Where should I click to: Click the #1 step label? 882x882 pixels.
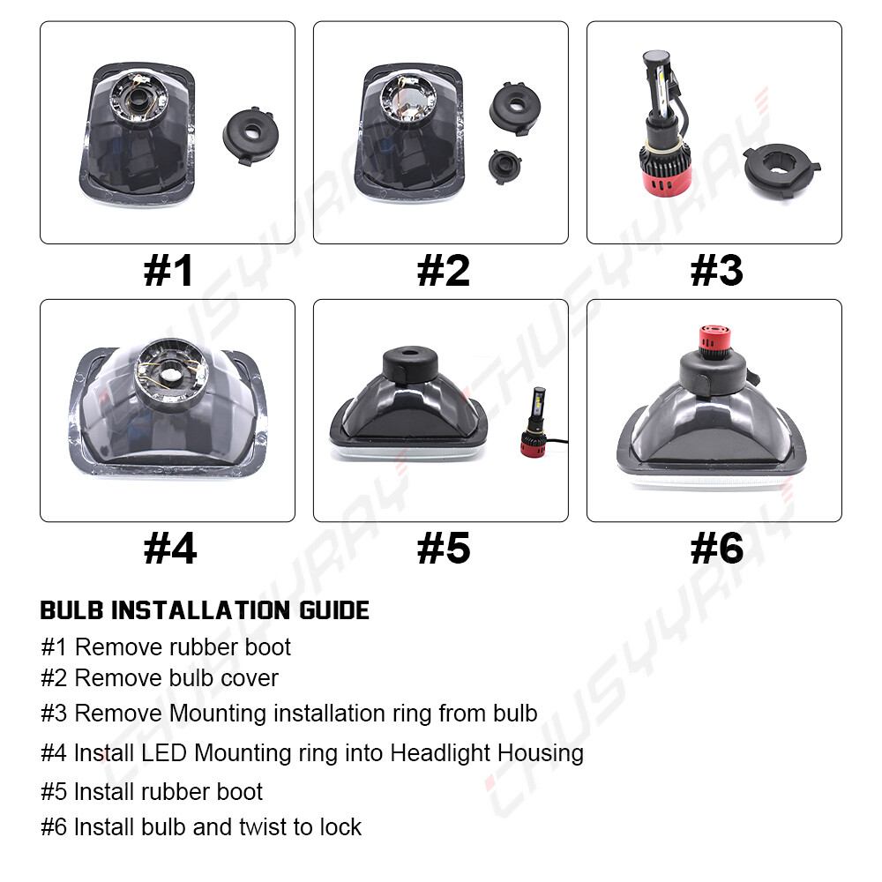pyautogui.click(x=168, y=271)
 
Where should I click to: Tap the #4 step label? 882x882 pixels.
pyautogui.click(x=170, y=549)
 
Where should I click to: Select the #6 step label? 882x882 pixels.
pyautogui.click(x=716, y=549)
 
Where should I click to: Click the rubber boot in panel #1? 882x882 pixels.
pyautogui.click(x=250, y=135)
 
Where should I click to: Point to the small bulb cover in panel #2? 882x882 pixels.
pyautogui.click(x=504, y=166)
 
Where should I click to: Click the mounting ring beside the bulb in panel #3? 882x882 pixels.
pyautogui.click(x=781, y=170)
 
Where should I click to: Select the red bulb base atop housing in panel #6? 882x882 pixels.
pyautogui.click(x=715, y=342)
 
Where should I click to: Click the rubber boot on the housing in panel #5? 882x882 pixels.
pyautogui.click(x=410, y=363)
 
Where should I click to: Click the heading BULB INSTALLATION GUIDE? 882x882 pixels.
pyautogui.click(x=205, y=610)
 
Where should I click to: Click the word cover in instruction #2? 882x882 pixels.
pyautogui.click(x=250, y=678)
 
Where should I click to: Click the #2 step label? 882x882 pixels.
pyautogui.click(x=444, y=271)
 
